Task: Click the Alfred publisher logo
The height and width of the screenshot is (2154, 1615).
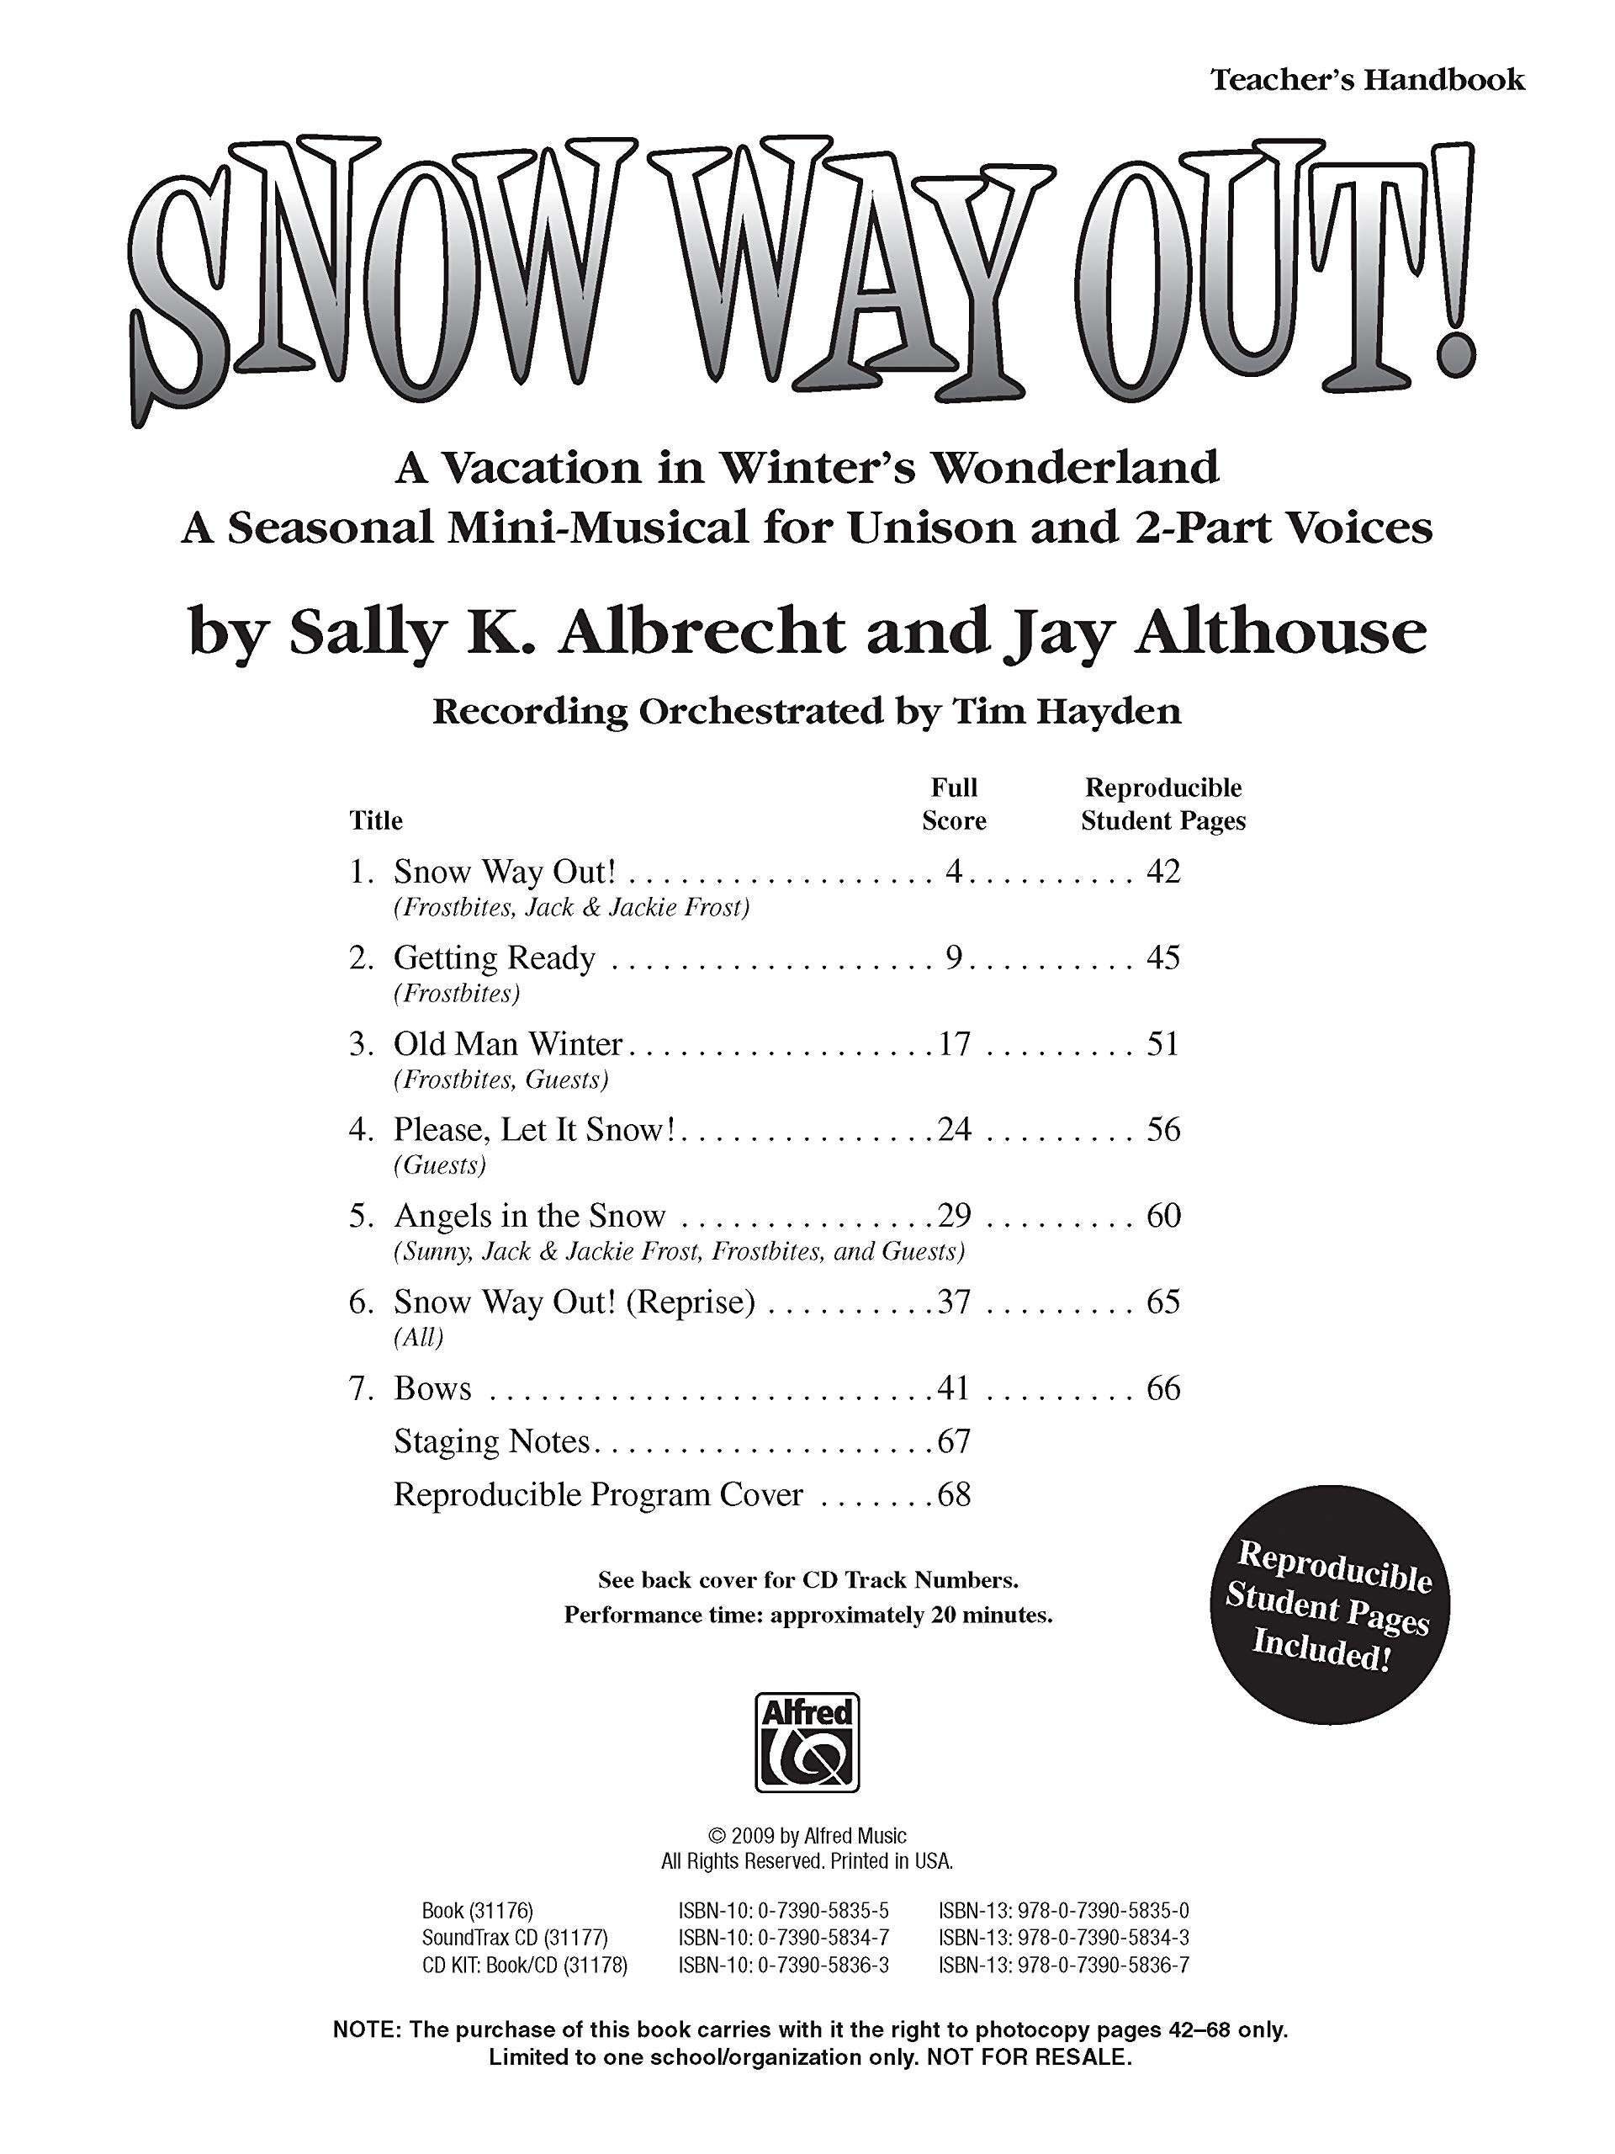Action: (x=807, y=1742)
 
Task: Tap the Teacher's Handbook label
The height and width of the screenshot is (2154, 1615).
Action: (x=1367, y=79)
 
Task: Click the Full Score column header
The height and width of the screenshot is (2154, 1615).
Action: (x=953, y=804)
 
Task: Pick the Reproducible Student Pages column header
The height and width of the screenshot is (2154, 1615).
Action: (x=1162, y=804)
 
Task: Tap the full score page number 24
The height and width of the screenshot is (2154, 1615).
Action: (x=953, y=1129)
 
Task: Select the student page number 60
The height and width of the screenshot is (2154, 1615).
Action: (x=1162, y=1215)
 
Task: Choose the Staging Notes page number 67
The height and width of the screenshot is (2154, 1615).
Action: (x=953, y=1441)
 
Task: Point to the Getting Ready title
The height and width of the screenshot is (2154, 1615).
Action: (x=494, y=958)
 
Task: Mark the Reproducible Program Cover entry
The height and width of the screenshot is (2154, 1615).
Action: (x=598, y=1494)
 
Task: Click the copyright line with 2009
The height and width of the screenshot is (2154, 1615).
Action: (x=807, y=1837)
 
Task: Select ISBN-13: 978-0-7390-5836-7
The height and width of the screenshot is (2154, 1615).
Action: (x=1063, y=1965)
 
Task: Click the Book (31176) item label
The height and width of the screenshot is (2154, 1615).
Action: (x=477, y=1911)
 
